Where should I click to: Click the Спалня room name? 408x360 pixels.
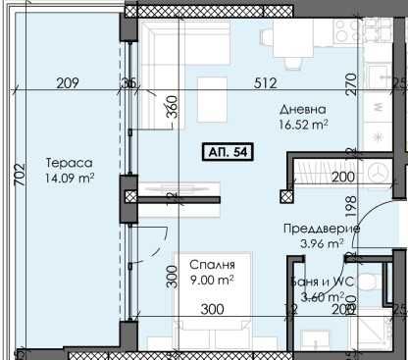point(213,266)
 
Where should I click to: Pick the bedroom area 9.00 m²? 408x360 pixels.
point(213,280)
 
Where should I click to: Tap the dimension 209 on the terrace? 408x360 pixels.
point(68,83)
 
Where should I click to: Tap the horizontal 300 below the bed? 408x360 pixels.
point(211,311)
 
